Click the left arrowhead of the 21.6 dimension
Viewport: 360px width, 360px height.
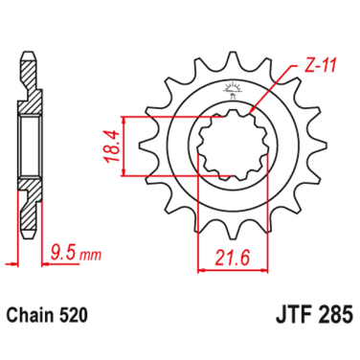tap(202, 270)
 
